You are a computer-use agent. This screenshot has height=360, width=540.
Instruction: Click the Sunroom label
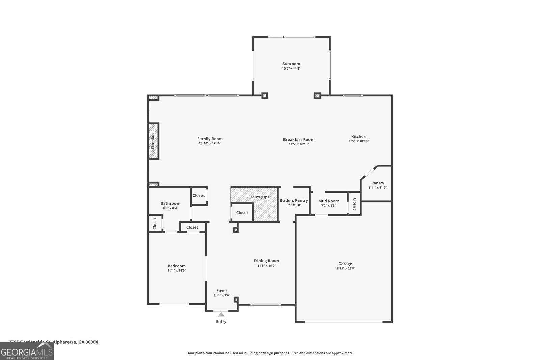291,64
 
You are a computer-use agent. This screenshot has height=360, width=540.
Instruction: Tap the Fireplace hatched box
153,141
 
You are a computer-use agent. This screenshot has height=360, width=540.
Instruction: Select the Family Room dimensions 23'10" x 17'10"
210,143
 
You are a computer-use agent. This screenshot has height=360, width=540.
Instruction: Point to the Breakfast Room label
299,139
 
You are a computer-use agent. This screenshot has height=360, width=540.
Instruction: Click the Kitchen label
358,136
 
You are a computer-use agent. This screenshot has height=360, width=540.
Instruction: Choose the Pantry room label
377,183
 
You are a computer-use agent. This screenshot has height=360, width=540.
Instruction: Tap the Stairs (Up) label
259,197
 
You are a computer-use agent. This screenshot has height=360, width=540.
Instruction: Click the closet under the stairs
242,213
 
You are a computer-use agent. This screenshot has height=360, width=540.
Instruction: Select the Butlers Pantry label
294,200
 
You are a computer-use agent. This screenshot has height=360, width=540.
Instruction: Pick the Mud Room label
328,201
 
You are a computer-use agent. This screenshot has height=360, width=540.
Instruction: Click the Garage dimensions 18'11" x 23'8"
345,269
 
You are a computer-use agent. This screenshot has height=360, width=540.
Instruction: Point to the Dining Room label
266,261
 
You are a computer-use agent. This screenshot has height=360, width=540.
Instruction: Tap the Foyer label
222,290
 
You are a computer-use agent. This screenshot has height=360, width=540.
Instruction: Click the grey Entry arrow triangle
221,314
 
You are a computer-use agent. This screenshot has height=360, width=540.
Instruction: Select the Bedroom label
177,266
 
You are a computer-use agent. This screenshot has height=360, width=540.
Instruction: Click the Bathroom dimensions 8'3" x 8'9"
170,208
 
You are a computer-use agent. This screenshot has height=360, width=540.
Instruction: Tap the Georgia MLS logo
27,351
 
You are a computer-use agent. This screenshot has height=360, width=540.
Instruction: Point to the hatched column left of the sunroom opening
265,96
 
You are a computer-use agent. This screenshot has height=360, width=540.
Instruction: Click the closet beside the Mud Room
354,203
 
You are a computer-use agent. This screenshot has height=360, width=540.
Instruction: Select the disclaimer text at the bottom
270,353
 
